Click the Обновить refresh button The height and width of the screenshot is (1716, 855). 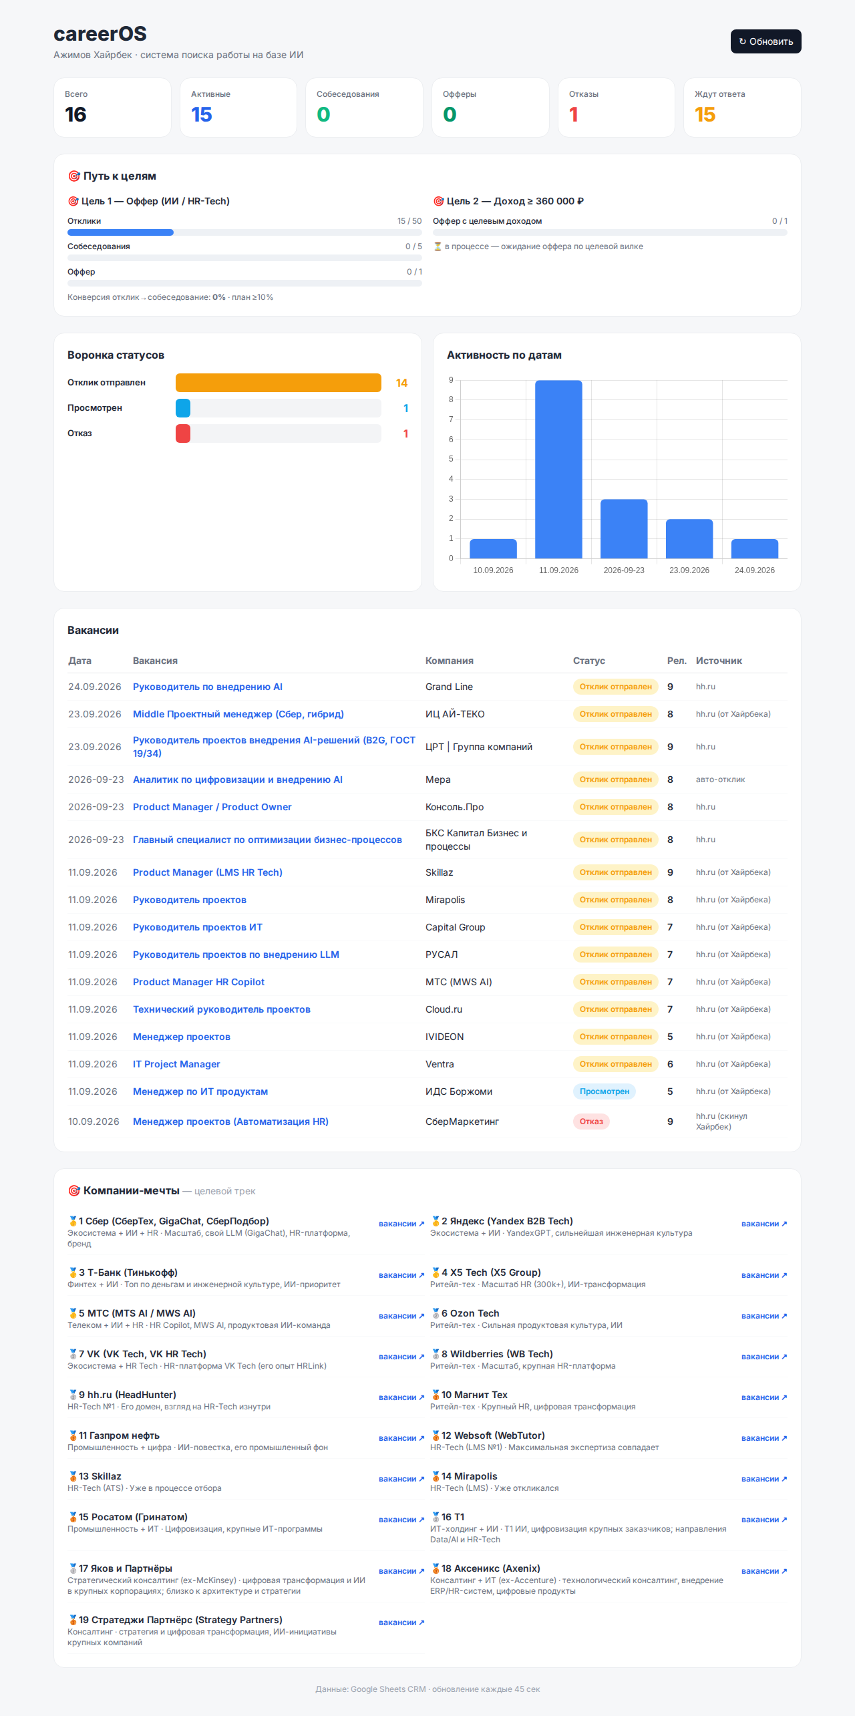click(765, 41)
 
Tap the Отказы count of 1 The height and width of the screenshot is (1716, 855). click(574, 115)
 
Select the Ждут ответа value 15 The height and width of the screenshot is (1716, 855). click(705, 115)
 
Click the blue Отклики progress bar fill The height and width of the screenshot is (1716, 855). click(120, 232)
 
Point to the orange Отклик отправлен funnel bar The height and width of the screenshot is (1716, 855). click(278, 383)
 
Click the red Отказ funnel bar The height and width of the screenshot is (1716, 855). click(183, 434)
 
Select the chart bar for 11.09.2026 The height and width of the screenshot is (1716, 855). click(558, 469)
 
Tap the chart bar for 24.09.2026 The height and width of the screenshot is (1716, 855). click(755, 548)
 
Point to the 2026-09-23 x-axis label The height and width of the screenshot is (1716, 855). click(624, 570)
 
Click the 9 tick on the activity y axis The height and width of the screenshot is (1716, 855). click(451, 380)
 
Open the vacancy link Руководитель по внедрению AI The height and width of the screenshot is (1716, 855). click(208, 687)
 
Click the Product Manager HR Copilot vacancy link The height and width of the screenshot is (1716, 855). click(198, 982)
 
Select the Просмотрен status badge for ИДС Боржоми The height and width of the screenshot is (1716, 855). click(604, 1091)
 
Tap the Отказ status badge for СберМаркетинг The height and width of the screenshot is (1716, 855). click(591, 1122)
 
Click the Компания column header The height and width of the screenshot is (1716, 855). click(450, 661)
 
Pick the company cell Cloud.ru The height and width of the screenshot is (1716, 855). click(444, 1009)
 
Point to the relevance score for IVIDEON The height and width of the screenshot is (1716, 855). click(670, 1037)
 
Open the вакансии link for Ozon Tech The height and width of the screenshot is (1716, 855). click(764, 1316)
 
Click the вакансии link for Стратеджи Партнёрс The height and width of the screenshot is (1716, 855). click(401, 1622)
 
